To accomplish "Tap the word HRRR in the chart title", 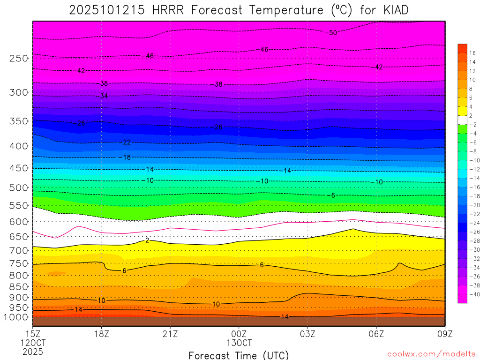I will click(x=167, y=10).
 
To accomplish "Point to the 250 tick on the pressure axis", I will click(x=19, y=58).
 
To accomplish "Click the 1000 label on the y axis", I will click(x=16, y=317).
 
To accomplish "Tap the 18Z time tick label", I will click(x=102, y=334).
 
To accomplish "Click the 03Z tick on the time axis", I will click(x=307, y=334).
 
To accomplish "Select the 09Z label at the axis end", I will click(x=444, y=334).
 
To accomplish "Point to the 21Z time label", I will click(x=170, y=334).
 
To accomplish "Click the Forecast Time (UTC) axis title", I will click(x=239, y=355).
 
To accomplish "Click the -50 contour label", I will click(x=331, y=33).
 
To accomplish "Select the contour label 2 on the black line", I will click(x=147, y=240).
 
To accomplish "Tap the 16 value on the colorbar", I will click(x=472, y=53).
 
